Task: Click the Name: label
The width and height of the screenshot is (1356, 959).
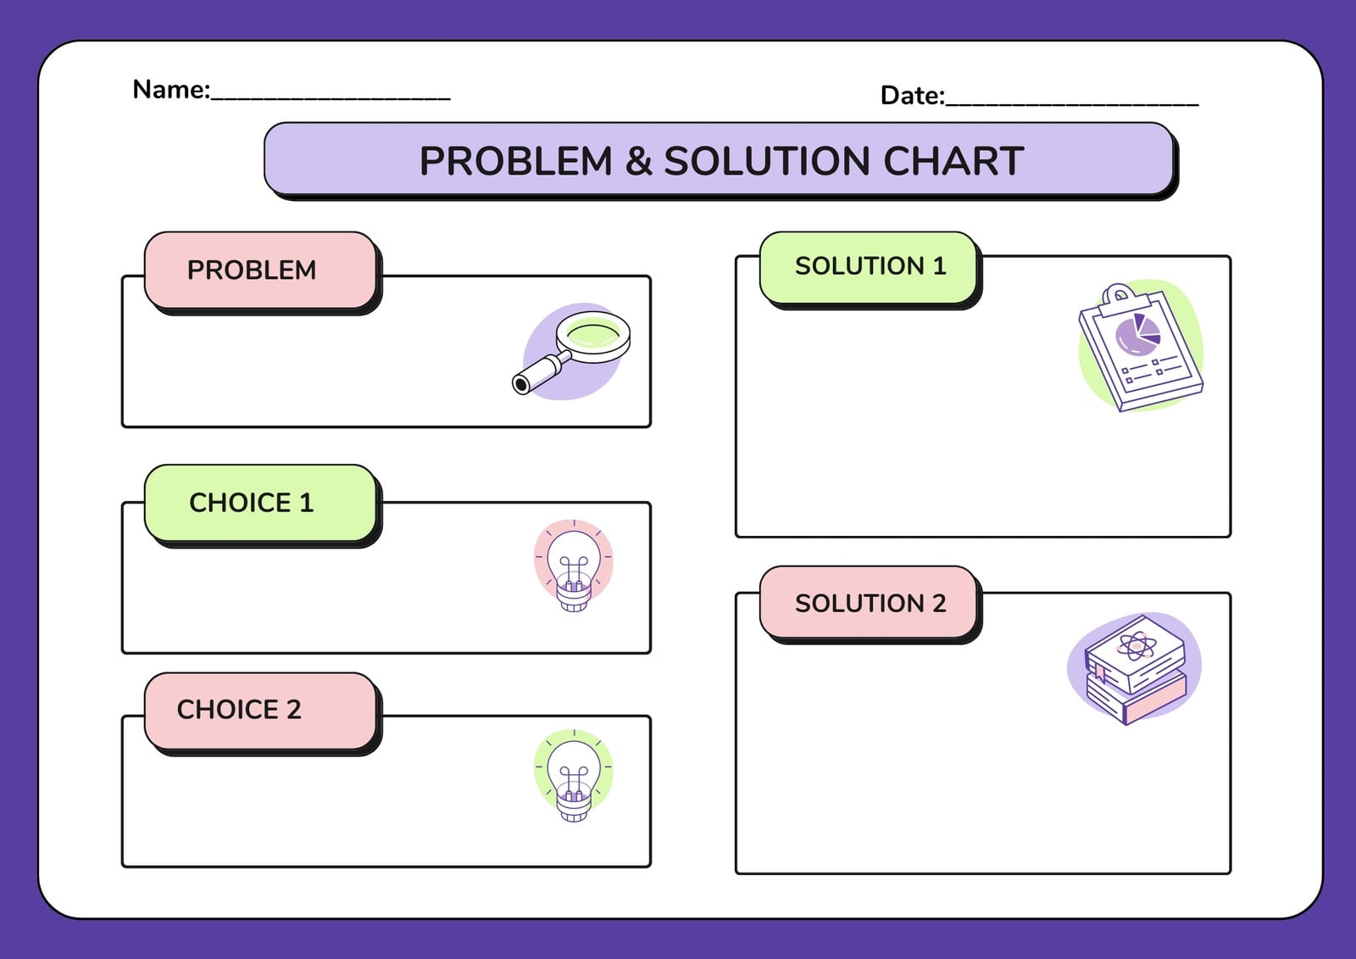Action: tap(171, 90)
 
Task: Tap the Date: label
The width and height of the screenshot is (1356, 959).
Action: tap(912, 96)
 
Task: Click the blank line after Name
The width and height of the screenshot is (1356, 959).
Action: tap(331, 98)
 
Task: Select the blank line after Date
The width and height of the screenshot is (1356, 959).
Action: tap(1072, 105)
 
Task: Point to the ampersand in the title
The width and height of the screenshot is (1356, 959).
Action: tap(638, 161)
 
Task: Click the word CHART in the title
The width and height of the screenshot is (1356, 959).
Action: tap(953, 161)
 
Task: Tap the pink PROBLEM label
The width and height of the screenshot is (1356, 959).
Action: tap(260, 270)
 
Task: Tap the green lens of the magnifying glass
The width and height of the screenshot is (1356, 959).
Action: tap(593, 333)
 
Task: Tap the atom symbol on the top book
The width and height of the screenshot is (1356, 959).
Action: tap(1136, 646)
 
